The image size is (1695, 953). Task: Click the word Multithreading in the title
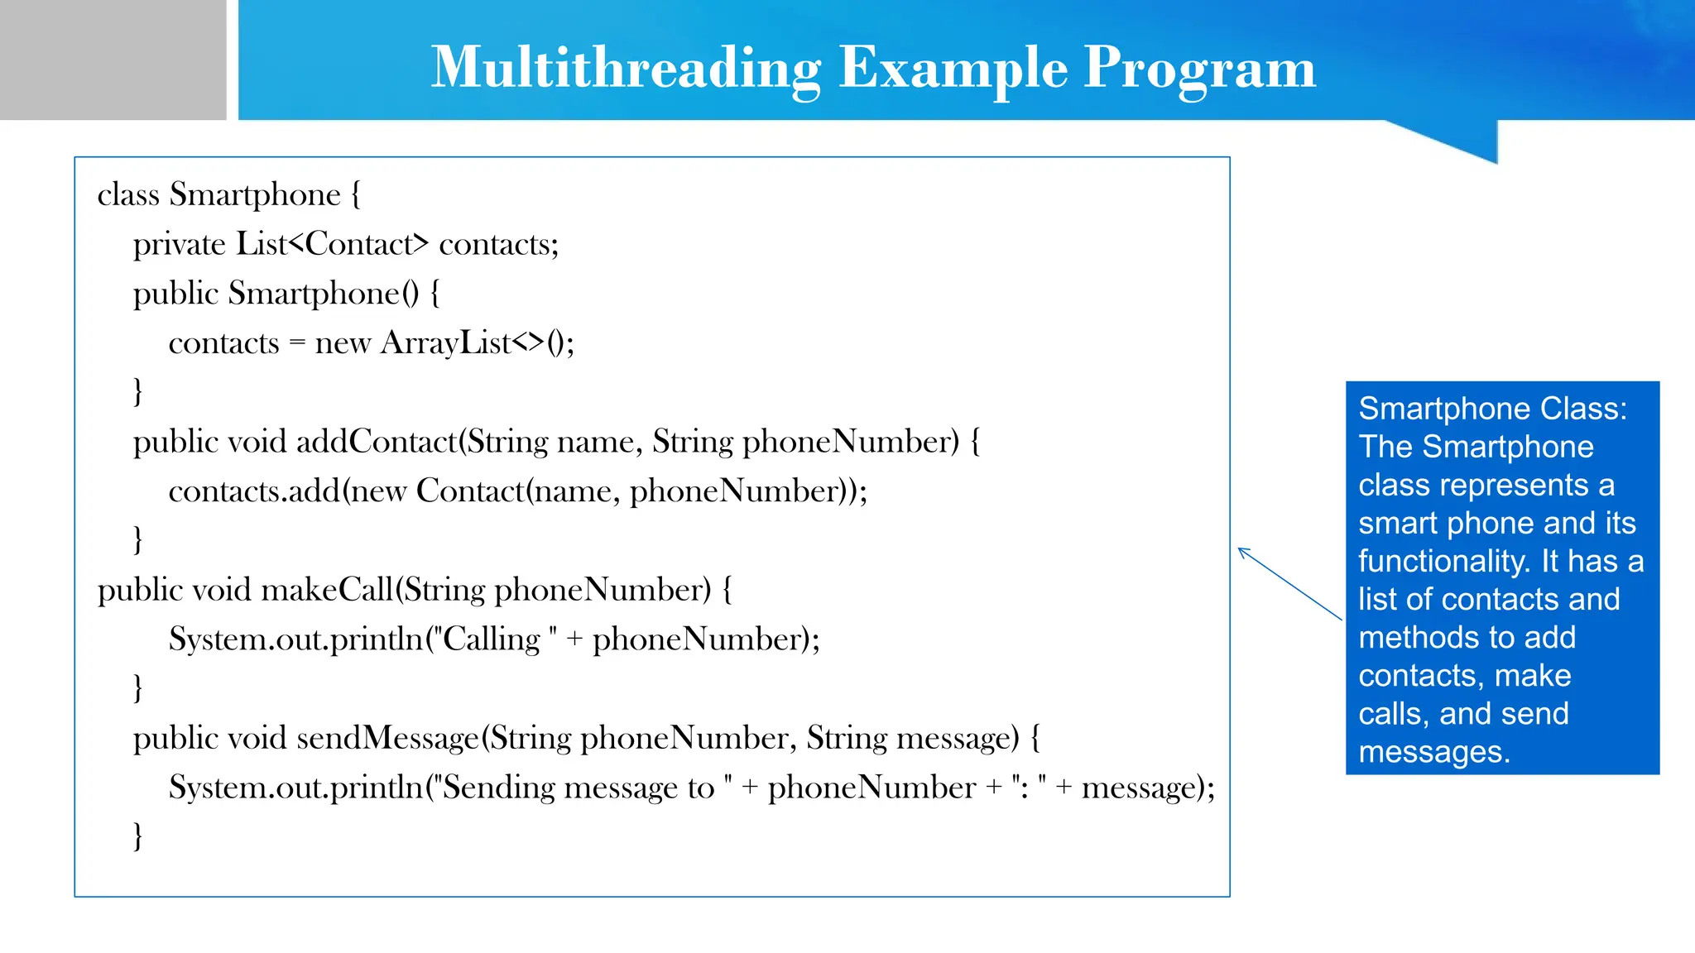(x=626, y=68)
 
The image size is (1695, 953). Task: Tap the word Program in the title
(x=1199, y=68)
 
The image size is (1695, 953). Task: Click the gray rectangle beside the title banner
(x=113, y=60)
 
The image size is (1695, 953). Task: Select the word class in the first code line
(x=128, y=195)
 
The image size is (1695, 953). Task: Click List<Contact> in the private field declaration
(x=333, y=244)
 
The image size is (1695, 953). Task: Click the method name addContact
(x=377, y=442)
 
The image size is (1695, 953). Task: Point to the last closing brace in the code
(x=137, y=836)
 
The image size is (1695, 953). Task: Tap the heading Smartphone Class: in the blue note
(x=1492, y=409)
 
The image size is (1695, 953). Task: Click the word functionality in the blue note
(x=1443, y=561)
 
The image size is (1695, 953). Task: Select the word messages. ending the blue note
(x=1433, y=752)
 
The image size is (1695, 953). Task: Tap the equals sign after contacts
(x=297, y=343)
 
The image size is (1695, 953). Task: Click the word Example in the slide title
(x=953, y=68)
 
